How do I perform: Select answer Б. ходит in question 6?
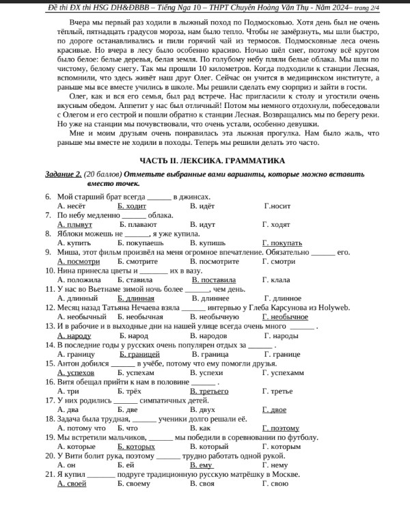132,205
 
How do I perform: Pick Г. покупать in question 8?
282,243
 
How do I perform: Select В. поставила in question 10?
213,280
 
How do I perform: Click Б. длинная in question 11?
136,299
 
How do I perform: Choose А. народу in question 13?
74,336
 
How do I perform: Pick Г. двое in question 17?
274,410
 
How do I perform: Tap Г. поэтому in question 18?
280,428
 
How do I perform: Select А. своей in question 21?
72,484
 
